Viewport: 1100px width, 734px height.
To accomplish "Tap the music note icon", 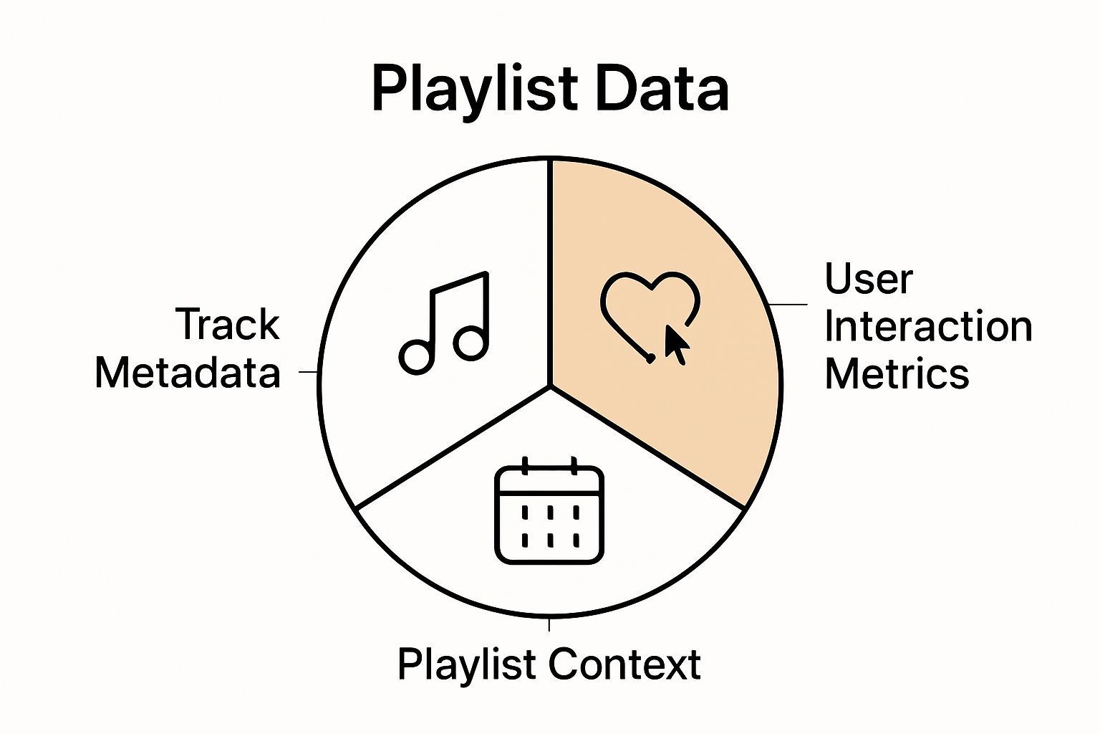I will (x=445, y=323).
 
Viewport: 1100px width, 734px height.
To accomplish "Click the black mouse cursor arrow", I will (x=676, y=345).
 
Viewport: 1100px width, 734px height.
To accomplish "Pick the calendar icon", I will (x=549, y=512).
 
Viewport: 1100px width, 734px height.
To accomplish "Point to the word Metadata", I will (x=187, y=373).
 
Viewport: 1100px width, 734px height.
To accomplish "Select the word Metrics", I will (x=897, y=373).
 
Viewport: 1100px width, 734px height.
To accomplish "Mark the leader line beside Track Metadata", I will (x=309, y=372).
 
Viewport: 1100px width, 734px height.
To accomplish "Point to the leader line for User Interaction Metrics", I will (x=787, y=305).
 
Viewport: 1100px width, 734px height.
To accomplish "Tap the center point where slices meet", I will (x=550, y=386).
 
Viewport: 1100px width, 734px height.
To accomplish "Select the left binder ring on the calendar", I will (x=526, y=466).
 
